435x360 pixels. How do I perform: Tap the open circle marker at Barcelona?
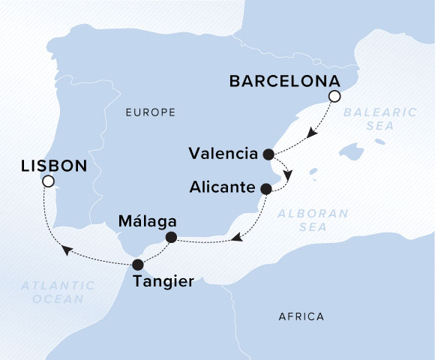coord(334,96)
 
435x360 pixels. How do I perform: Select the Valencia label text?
coord(223,154)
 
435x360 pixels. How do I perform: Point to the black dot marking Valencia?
coord(269,154)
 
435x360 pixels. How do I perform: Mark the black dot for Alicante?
coord(265,189)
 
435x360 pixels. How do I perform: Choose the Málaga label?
coord(148,222)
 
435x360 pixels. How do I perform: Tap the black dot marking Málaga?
coord(171,238)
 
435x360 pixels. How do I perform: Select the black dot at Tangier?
coord(137,264)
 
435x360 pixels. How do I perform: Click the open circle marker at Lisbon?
coord(48,181)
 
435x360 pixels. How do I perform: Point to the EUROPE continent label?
coord(151,112)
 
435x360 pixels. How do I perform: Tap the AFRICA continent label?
coord(301,316)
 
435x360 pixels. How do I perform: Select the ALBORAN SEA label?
coord(313,220)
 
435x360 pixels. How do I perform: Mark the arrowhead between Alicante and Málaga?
coord(235,238)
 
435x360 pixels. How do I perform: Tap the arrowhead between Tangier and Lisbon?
coord(66,250)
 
